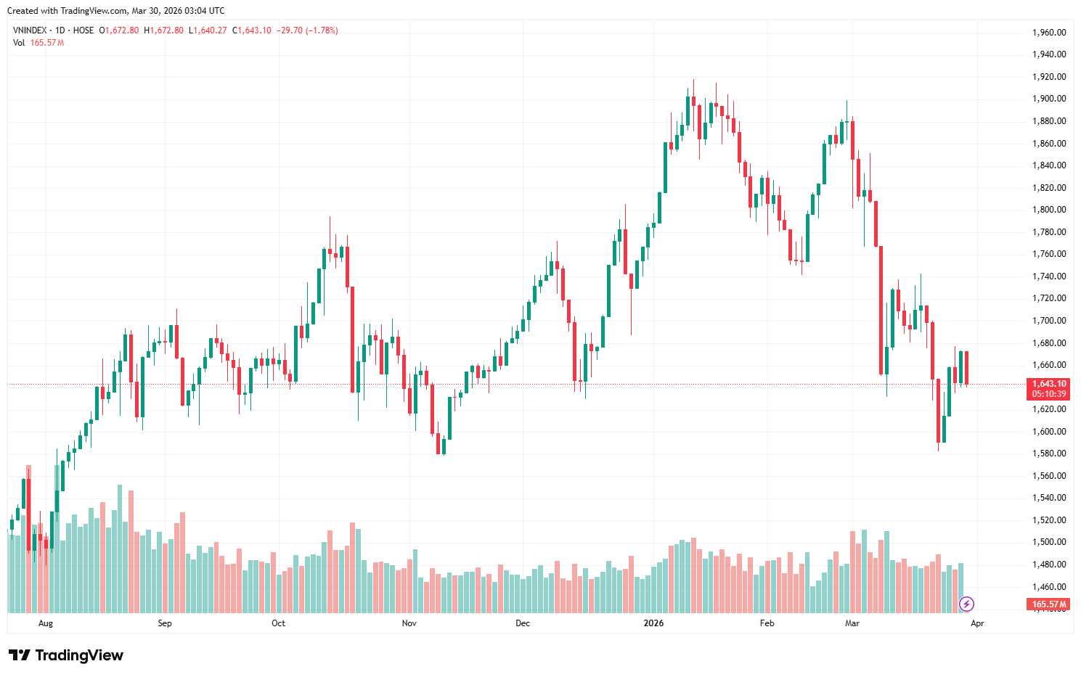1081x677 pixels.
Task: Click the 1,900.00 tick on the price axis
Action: point(1049,99)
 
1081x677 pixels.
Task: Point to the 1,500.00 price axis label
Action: point(1049,542)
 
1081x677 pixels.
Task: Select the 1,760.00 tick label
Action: point(1049,254)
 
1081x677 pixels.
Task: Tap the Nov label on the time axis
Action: point(409,623)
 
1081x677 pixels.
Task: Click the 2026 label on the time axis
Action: point(654,623)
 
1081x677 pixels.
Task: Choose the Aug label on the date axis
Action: point(46,623)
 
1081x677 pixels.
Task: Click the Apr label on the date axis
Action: point(977,623)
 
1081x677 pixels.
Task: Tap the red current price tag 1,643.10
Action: point(1049,384)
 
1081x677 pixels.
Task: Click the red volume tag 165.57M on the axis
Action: point(1049,604)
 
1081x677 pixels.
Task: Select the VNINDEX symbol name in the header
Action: point(30,30)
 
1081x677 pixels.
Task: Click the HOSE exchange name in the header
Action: point(83,30)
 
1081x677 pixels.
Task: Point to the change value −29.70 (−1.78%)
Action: point(307,30)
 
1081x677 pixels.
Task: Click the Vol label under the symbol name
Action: point(19,43)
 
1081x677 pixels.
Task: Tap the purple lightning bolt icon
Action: point(966,604)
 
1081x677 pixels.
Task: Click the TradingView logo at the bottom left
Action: point(66,655)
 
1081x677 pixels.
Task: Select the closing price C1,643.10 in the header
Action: point(251,30)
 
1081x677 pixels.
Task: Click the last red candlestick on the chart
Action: point(966,368)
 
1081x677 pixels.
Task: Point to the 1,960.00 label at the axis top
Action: point(1049,33)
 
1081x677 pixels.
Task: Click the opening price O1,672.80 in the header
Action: point(119,30)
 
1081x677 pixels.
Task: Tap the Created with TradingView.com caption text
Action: point(115,11)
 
